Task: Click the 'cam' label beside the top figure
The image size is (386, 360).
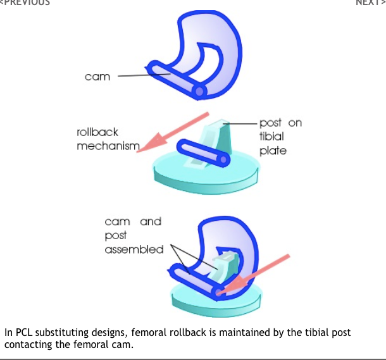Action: point(97,77)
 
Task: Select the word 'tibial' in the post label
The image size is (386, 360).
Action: point(271,137)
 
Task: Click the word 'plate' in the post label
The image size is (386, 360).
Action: point(273,151)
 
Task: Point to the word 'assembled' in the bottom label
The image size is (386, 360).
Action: point(134,249)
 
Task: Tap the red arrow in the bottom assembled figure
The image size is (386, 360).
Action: point(254,275)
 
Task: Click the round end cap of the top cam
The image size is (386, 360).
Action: point(199,92)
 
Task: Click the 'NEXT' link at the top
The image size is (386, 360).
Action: point(370,3)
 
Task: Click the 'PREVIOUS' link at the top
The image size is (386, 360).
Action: point(25,3)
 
